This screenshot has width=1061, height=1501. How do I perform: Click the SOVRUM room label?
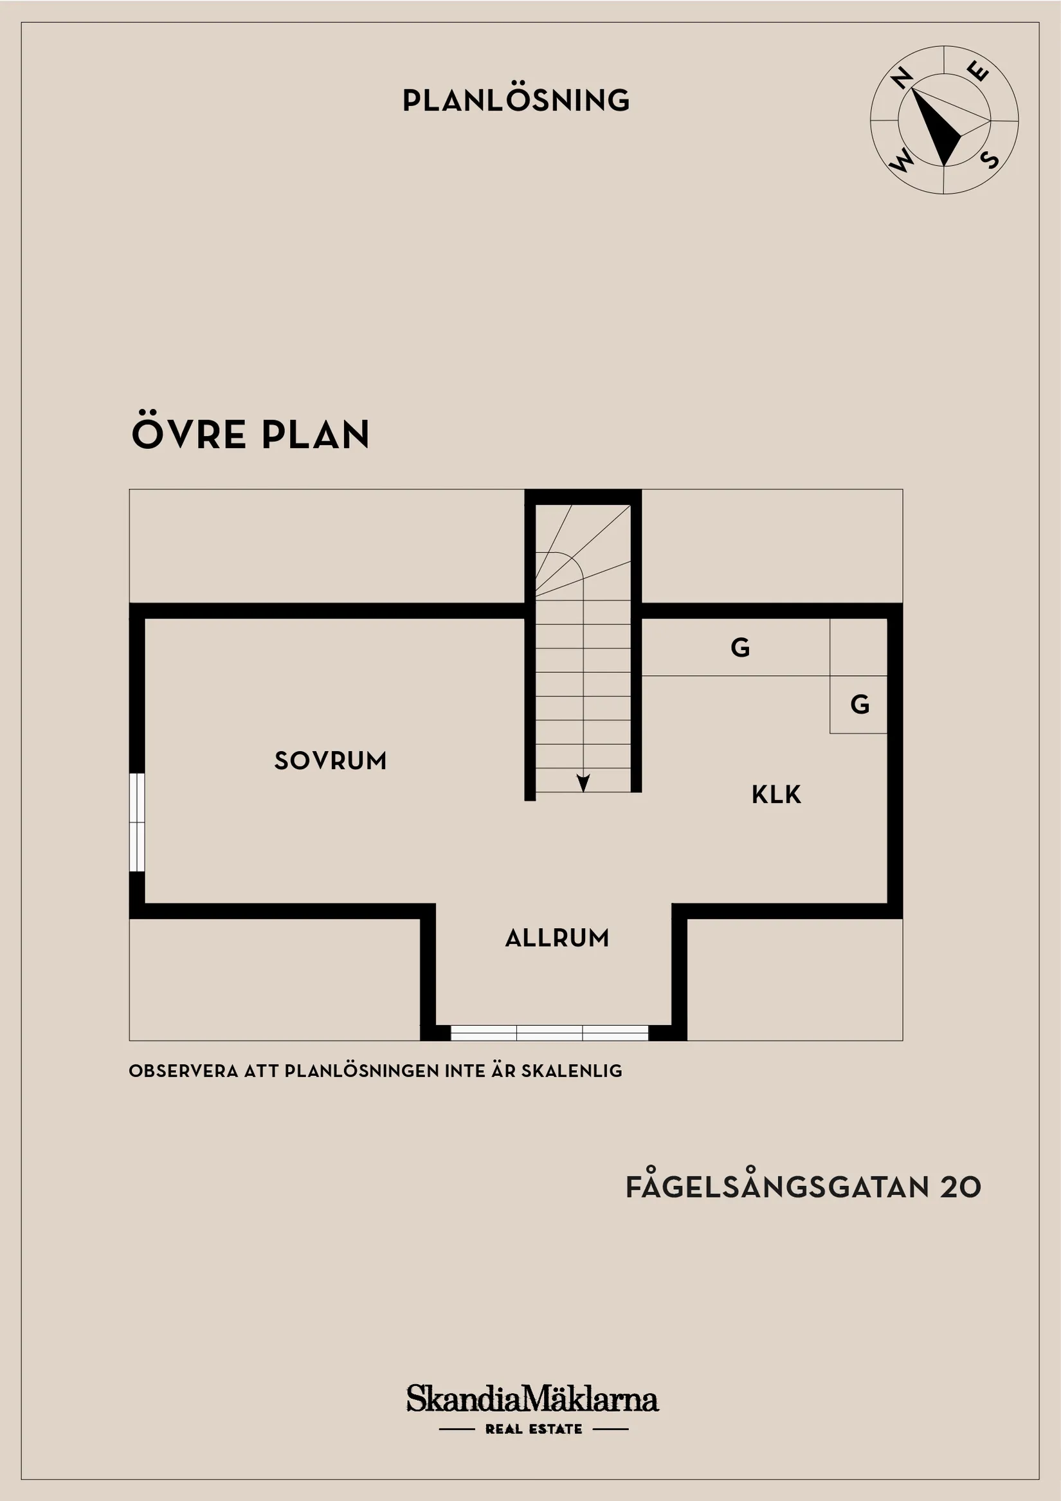pyautogui.click(x=330, y=760)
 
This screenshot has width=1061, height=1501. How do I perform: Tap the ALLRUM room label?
pyautogui.click(x=557, y=938)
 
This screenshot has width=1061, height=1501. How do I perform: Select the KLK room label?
pyautogui.click(x=776, y=794)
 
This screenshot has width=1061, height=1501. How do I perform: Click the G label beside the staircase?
pyautogui.click(x=740, y=647)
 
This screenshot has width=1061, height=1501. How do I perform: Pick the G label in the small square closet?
pyautogui.click(x=860, y=704)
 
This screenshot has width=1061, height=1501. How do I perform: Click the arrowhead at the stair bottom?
pyautogui.click(x=583, y=783)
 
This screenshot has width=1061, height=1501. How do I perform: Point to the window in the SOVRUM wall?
pyautogui.click(x=136, y=822)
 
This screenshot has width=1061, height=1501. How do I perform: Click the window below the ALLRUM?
pyautogui.click(x=549, y=1033)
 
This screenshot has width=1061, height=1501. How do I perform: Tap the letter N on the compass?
pyautogui.click(x=902, y=78)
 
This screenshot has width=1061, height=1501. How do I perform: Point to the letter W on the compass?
pyautogui.click(x=901, y=160)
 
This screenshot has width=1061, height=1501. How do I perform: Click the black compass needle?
pyautogui.click(x=936, y=127)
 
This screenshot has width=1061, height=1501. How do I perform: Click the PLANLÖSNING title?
pyautogui.click(x=516, y=100)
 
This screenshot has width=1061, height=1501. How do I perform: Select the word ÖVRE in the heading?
pyautogui.click(x=189, y=432)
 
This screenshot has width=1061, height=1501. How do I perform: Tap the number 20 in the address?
pyautogui.click(x=961, y=1187)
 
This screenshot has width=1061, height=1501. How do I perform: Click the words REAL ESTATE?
pyautogui.click(x=534, y=1429)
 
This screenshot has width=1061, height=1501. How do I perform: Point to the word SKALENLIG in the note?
pyautogui.click(x=572, y=1071)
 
